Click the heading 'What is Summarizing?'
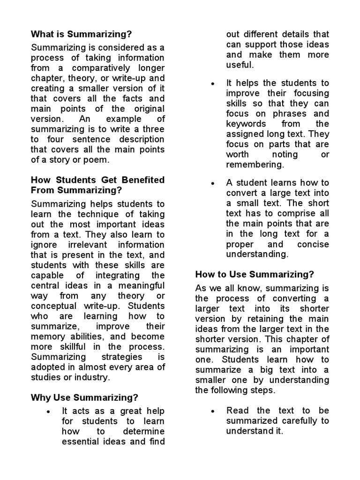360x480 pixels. [x=81, y=34]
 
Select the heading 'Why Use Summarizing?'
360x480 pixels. [x=84, y=398]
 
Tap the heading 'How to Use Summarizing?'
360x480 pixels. [x=255, y=274]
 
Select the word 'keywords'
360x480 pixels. [x=246, y=124]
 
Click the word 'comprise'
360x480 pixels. [x=291, y=214]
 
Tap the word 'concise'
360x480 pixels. [x=313, y=244]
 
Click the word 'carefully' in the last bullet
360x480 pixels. [x=300, y=421]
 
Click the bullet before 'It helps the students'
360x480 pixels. [x=213, y=83]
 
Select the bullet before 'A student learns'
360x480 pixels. [x=213, y=183]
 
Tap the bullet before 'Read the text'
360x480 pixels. [x=213, y=411]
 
